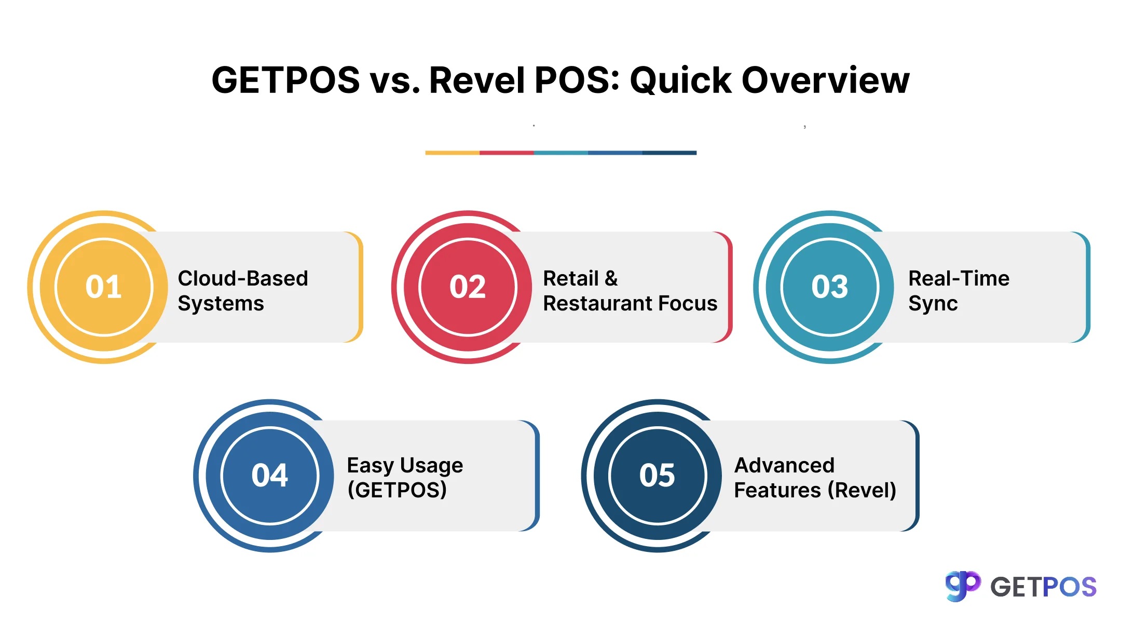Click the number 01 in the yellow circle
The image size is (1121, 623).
point(104,287)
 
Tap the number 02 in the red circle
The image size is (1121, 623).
point(468,287)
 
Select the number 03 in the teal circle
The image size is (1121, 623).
point(829,287)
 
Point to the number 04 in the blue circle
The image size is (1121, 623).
point(269,475)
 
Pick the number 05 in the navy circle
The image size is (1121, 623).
point(657,475)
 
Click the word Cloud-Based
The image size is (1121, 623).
point(243,279)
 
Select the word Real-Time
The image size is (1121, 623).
point(959,279)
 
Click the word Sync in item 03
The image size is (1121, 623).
point(933,304)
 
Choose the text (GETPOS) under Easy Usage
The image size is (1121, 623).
point(397,490)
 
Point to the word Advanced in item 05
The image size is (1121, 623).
point(784,466)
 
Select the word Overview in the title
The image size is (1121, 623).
point(825,81)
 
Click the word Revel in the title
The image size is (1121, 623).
point(477,81)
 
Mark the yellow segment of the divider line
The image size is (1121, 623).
point(452,153)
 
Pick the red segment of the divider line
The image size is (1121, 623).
point(507,153)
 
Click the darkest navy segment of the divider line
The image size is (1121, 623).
point(669,153)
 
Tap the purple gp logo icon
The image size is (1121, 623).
point(963,586)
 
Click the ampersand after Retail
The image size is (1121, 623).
point(611,279)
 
